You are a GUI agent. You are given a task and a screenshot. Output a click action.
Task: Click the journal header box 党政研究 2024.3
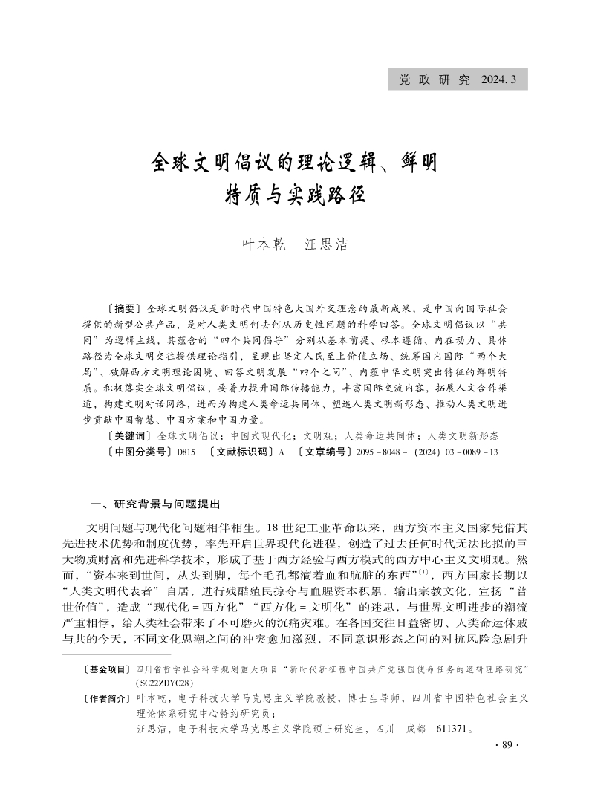458,79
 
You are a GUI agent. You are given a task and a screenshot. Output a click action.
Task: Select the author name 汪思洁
327,244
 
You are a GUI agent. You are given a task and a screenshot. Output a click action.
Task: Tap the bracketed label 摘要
123,307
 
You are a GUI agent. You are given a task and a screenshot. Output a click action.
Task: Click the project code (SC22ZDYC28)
162,682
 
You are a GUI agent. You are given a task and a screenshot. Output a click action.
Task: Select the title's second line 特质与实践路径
294,196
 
